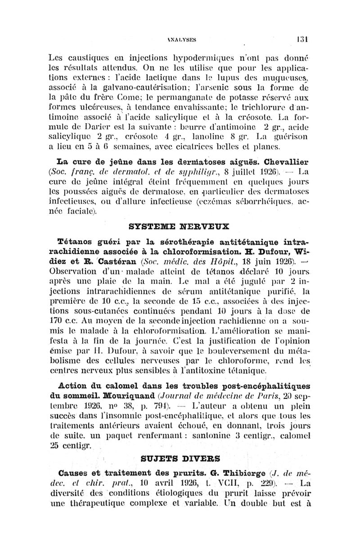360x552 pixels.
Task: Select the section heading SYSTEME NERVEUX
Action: [x=179, y=225]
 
